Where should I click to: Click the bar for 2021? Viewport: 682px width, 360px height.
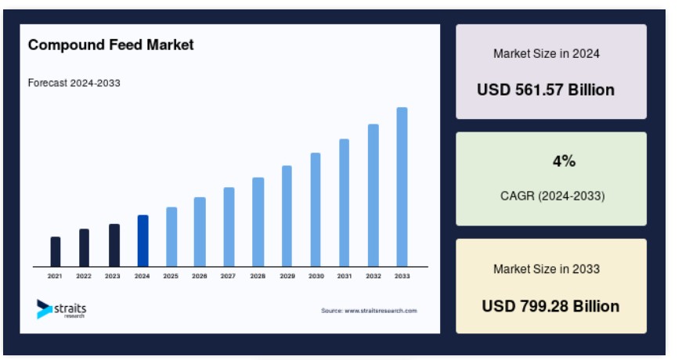point(56,251)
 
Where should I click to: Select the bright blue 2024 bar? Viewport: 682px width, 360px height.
point(143,240)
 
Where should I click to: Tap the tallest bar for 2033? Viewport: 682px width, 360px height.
point(402,186)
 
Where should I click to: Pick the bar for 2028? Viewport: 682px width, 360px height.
point(258,221)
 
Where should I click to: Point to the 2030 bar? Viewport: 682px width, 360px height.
point(316,210)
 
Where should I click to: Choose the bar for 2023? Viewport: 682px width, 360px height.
point(114,245)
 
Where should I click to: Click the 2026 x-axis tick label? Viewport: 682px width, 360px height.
point(199,276)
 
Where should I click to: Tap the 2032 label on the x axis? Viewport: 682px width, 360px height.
point(373,276)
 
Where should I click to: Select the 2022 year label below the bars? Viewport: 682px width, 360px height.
point(84,276)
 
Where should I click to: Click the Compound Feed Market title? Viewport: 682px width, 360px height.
point(111,45)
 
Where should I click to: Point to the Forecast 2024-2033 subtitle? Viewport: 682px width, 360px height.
point(74,83)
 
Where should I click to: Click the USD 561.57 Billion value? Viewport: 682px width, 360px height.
point(546,90)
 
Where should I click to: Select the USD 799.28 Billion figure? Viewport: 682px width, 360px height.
point(550,307)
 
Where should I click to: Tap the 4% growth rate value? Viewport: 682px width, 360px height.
point(564,161)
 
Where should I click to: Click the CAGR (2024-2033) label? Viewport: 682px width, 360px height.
point(552,196)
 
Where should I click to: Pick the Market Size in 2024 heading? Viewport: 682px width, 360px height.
point(547,53)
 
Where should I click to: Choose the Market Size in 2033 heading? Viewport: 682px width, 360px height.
point(547,269)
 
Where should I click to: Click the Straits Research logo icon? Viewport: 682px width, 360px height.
point(45,308)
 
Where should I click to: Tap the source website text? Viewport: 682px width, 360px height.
point(369,311)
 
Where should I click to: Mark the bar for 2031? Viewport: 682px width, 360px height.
point(344,203)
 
